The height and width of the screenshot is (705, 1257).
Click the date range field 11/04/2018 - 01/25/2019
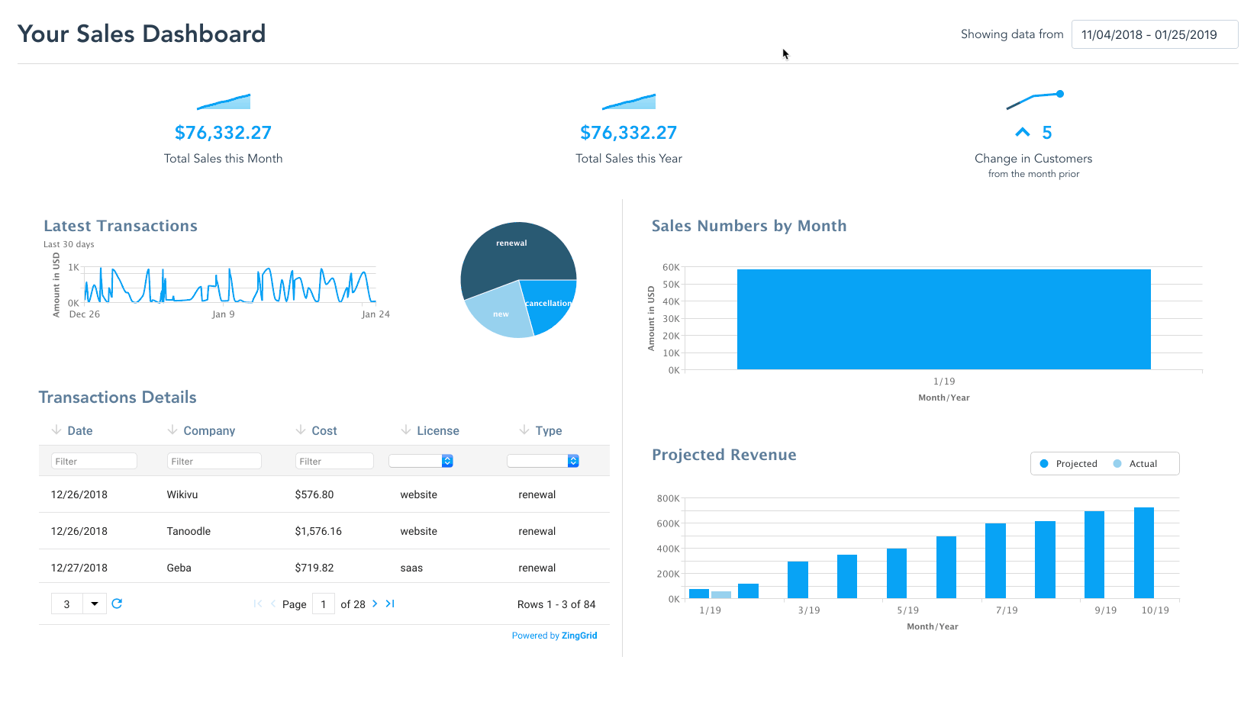point(1154,34)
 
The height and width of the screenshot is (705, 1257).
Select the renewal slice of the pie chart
point(511,256)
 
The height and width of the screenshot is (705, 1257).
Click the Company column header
point(209,431)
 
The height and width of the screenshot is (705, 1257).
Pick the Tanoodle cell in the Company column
point(189,532)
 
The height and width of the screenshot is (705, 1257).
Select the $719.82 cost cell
point(314,568)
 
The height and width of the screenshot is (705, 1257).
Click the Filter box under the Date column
point(94,462)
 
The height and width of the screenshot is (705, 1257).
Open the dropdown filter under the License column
point(421,461)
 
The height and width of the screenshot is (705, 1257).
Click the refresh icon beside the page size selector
point(117,604)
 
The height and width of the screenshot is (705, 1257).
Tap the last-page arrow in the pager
point(390,604)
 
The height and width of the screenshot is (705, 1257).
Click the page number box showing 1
point(324,604)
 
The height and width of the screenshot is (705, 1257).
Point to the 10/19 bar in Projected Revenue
point(1144,553)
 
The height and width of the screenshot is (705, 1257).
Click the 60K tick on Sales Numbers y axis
point(671,268)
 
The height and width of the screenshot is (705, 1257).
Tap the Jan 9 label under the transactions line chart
point(223,314)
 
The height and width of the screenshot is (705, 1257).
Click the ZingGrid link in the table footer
point(579,636)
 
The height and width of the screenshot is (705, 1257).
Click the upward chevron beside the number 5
point(1023,133)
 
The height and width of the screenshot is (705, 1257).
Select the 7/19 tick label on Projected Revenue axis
point(1007,610)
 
